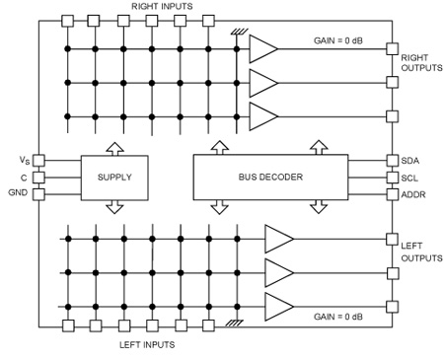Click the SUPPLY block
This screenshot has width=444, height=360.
[114, 178]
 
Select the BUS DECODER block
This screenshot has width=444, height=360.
[270, 178]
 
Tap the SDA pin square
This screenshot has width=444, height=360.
[392, 161]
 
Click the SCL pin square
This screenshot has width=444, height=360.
[392, 178]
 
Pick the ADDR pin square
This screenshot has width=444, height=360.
[392, 194]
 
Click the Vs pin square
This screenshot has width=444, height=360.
[39, 161]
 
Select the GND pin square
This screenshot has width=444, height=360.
[39, 194]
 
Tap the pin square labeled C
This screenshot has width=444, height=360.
[39, 178]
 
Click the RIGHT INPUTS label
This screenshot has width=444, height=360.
[162, 6]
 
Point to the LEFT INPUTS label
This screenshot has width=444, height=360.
[147, 344]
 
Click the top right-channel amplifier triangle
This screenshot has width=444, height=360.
[263, 49]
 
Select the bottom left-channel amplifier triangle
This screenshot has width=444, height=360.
[279, 307]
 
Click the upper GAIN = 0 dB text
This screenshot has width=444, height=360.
[338, 40]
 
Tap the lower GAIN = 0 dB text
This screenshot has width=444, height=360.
[338, 317]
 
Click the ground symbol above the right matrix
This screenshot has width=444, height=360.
[239, 32]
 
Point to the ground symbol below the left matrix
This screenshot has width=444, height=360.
[235, 324]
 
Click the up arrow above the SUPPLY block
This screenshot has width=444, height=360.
[114, 149]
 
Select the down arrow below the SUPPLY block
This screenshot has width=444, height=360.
[114, 207]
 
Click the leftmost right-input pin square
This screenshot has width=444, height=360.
[68, 21]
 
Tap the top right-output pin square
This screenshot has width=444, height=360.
[392, 48]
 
